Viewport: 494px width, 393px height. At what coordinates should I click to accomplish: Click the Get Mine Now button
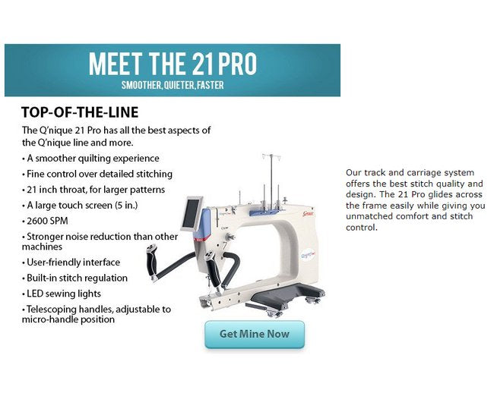pyautogui.click(x=255, y=335)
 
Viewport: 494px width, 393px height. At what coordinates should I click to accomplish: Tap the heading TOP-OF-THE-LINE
pyautogui.click(x=80, y=112)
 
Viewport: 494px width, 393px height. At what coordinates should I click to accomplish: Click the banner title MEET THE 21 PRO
pyautogui.click(x=173, y=64)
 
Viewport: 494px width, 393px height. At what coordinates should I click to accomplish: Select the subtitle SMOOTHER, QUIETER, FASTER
pyautogui.click(x=173, y=85)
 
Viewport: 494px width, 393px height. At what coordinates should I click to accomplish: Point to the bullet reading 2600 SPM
pyautogui.click(x=45, y=221)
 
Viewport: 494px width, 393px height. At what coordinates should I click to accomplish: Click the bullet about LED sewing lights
pyautogui.click(x=62, y=294)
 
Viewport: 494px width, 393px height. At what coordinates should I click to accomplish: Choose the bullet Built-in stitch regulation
pyautogui.click(x=74, y=278)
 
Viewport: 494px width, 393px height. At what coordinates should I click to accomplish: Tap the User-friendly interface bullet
pyautogui.click(x=71, y=263)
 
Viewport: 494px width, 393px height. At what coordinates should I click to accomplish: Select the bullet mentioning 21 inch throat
pyautogui.click(x=93, y=190)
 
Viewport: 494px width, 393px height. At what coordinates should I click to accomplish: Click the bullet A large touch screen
pyautogui.click(x=80, y=206)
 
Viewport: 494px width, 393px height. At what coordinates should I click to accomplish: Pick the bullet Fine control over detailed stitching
pyautogui.click(x=97, y=174)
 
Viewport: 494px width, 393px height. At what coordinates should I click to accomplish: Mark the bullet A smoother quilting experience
pyautogui.click(x=90, y=159)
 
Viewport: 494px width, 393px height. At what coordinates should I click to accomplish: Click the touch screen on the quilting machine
pyautogui.click(x=192, y=214)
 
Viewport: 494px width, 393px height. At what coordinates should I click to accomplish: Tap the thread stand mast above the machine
pyautogui.click(x=271, y=181)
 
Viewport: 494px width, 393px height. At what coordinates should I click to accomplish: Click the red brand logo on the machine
pyautogui.click(x=308, y=214)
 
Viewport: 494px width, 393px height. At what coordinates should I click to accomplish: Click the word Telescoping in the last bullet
pyautogui.click(x=52, y=310)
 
